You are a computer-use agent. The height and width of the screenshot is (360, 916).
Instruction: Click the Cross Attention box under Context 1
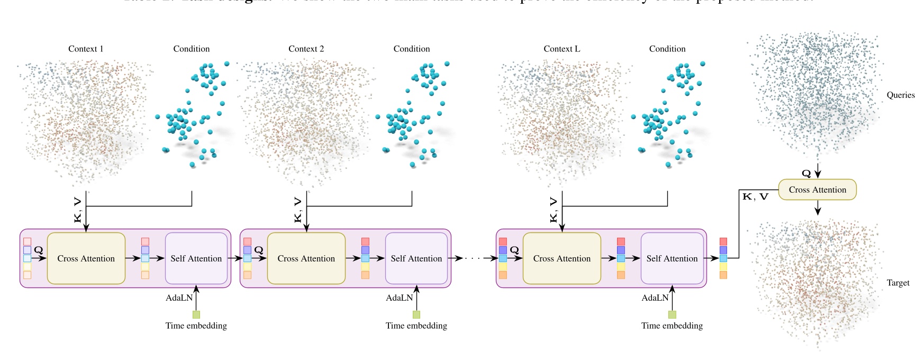(86, 258)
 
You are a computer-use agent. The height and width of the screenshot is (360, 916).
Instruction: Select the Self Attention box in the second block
(416, 258)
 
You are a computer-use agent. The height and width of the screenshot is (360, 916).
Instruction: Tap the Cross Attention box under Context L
(561, 258)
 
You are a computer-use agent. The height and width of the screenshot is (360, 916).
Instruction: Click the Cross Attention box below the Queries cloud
(817, 190)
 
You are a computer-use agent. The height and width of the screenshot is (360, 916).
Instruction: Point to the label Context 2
(306, 49)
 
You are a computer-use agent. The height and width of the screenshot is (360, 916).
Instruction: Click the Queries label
(900, 95)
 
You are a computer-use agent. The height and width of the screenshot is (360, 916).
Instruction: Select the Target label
(897, 283)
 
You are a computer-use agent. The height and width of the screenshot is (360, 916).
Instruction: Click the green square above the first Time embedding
(196, 314)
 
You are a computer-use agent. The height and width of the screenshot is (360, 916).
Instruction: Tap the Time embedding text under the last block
(672, 326)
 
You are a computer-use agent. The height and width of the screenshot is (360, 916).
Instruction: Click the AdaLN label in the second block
(399, 298)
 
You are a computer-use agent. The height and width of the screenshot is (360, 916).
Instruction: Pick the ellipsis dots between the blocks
(473, 258)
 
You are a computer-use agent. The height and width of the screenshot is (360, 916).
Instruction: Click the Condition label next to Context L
(667, 49)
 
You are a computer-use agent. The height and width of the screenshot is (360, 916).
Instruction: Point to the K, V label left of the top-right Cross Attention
(755, 197)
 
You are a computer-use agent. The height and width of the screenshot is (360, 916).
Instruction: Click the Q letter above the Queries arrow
(806, 173)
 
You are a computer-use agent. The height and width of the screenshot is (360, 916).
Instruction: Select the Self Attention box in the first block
(196, 258)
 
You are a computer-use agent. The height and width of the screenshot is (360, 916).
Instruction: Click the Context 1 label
(86, 49)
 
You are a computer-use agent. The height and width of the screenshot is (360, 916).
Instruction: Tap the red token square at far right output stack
(723, 241)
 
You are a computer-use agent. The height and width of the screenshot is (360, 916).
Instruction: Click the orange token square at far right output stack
(723, 275)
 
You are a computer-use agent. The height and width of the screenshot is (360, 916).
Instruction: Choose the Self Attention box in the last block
(672, 258)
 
